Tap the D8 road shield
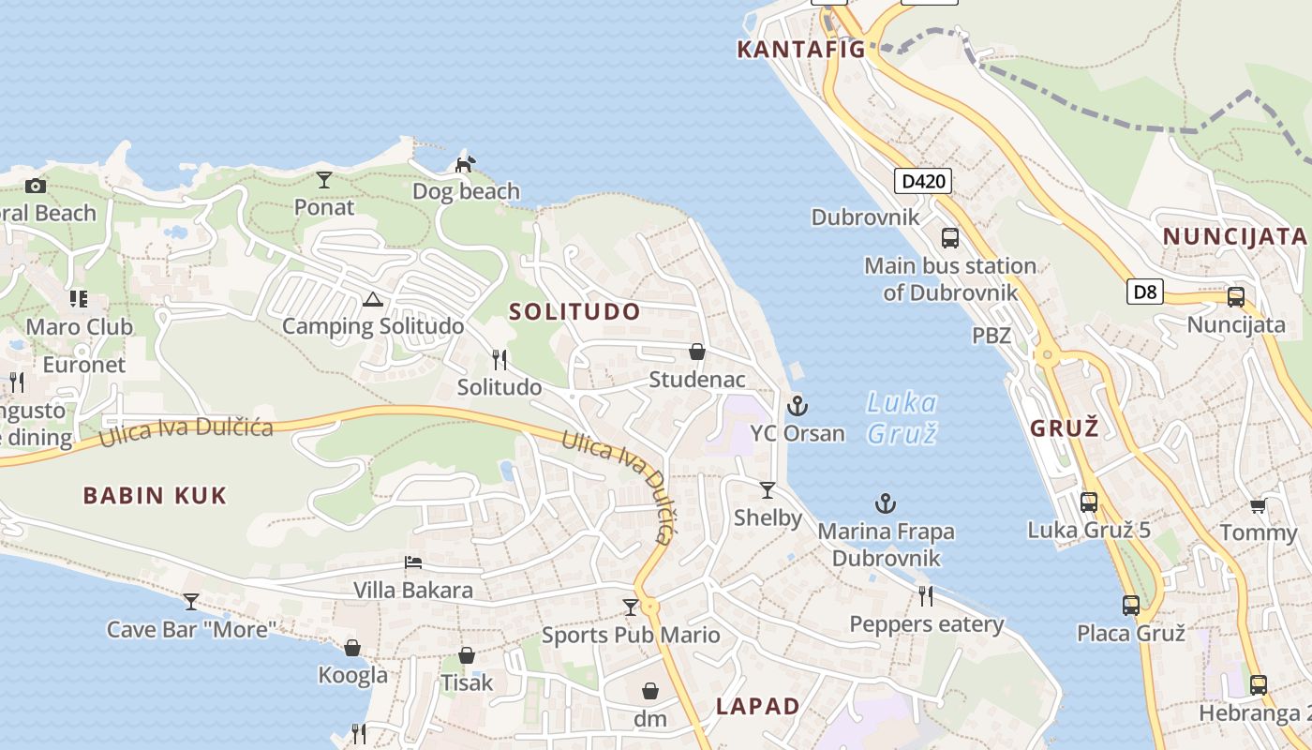[1145, 292]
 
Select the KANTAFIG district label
[800, 50]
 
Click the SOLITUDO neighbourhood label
[574, 311]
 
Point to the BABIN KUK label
[155, 496]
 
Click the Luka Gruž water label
[901, 418]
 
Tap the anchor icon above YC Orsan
[798, 406]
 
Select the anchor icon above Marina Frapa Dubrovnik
[886, 504]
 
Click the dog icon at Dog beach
[465, 164]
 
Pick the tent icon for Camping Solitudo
[373, 300]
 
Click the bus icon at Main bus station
[950, 237]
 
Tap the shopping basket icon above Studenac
[697, 352]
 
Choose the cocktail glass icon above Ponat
[324, 179]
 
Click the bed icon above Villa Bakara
[413, 562]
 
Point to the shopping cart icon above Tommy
[1258, 506]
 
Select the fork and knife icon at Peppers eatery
[926, 595]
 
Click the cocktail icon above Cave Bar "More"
[191, 601]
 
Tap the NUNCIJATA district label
[1234, 236]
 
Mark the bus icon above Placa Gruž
[1131, 606]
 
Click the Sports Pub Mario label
[631, 635]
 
